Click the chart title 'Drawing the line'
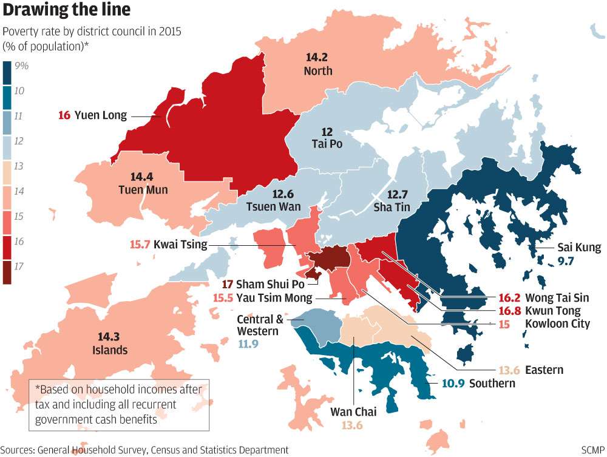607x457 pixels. [x=66, y=10]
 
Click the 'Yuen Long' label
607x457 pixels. [x=100, y=115]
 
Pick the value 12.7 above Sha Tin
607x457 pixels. [x=398, y=194]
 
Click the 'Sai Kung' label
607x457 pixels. [x=579, y=248]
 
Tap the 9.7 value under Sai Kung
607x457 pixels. [x=565, y=261]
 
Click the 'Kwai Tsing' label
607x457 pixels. [x=180, y=245]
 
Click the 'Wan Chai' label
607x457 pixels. [x=353, y=412]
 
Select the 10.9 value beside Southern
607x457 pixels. [x=449, y=383]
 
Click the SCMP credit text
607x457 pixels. [x=588, y=450]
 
